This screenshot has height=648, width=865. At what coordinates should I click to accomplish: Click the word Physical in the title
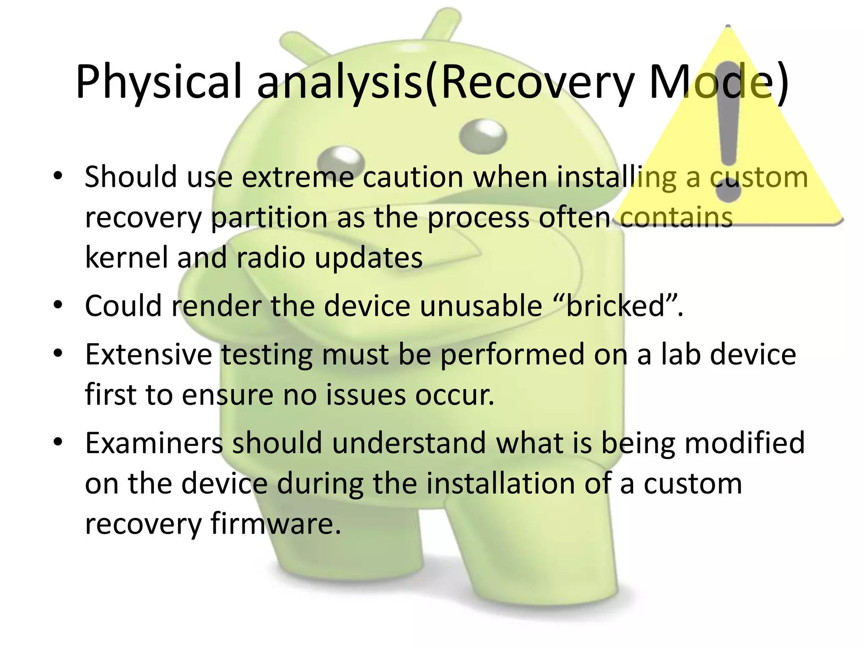point(158,82)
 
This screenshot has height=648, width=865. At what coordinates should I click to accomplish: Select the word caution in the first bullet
point(413,177)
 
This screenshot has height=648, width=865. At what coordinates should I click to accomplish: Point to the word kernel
point(126,257)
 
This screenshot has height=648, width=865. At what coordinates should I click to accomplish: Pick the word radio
point(270,257)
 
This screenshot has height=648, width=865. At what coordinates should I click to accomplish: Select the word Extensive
point(148,354)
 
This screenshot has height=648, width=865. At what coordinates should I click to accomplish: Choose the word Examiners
point(154,443)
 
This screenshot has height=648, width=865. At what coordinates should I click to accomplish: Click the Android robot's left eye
point(340,161)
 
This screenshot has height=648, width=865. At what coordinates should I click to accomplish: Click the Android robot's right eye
point(482,134)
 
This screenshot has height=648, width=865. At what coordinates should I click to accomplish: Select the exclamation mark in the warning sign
point(728,127)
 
